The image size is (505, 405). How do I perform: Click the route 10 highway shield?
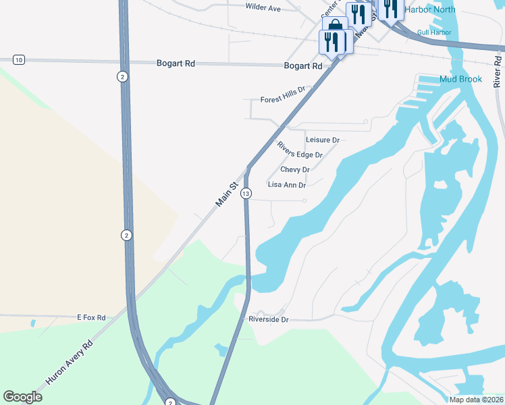pyautogui.click(x=18, y=60)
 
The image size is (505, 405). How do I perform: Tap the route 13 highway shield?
pyautogui.click(x=246, y=194)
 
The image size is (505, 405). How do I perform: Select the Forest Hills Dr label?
pyautogui.click(x=283, y=94)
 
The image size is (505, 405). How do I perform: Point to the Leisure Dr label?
pyautogui.click(x=322, y=140)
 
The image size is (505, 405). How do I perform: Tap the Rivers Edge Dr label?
pyautogui.click(x=300, y=150)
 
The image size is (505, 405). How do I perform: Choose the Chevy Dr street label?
pyautogui.click(x=295, y=169)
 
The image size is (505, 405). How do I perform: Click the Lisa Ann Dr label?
pyautogui.click(x=287, y=184)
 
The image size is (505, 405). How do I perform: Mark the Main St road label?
pyautogui.click(x=228, y=194)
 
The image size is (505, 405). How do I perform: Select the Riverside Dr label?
pyautogui.click(x=268, y=319)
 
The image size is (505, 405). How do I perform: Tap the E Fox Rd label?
pyautogui.click(x=91, y=317)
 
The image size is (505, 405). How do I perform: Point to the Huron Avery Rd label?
pyautogui.click(x=68, y=362)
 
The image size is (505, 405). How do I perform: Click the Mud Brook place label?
pyautogui.click(x=460, y=79)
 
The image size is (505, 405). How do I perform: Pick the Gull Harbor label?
pyautogui.click(x=434, y=32)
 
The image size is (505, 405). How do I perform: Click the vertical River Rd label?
pyautogui.click(x=497, y=69)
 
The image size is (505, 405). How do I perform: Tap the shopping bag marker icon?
pyautogui.click(x=336, y=27)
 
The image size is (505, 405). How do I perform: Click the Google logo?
pyautogui.click(x=22, y=397)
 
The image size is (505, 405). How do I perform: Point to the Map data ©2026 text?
pyautogui.click(x=475, y=400)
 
